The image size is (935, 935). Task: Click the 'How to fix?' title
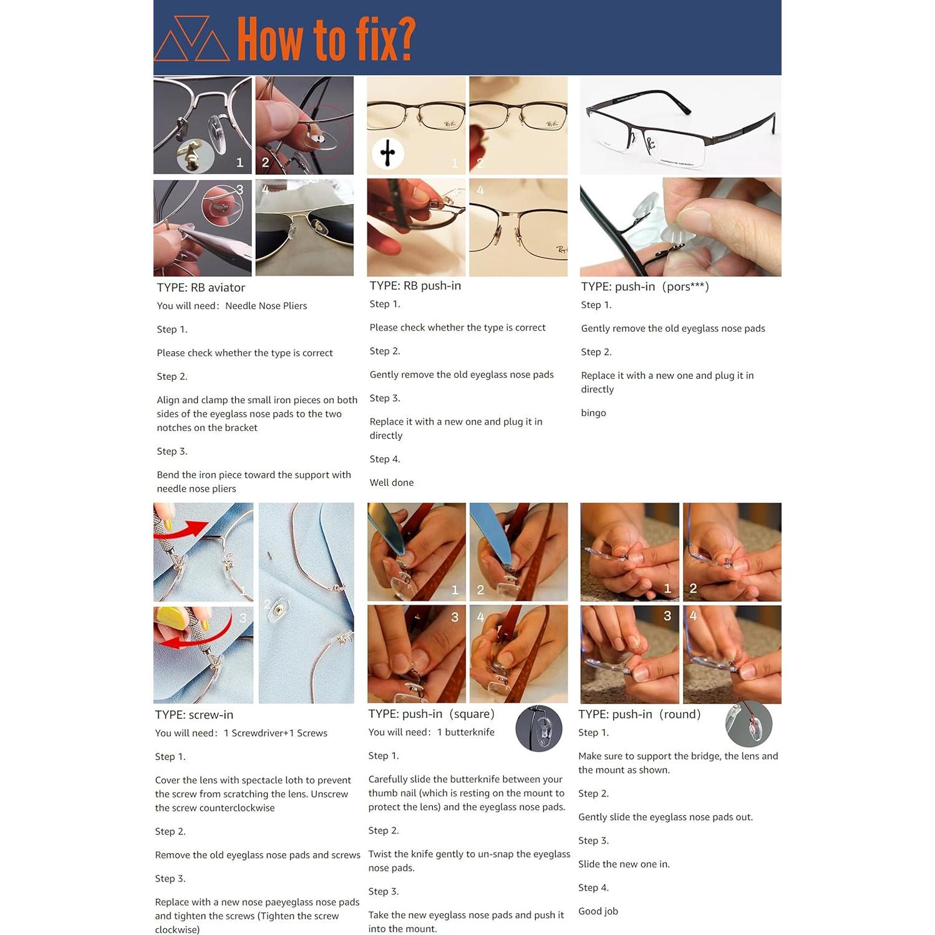[326, 39]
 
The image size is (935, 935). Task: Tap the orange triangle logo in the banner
[191, 39]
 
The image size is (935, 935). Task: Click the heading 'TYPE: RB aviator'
[200, 288]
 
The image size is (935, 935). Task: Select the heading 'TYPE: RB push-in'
[415, 286]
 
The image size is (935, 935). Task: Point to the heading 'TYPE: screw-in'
[194, 715]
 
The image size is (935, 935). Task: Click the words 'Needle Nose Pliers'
[266, 306]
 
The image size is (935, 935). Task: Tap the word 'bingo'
[593, 413]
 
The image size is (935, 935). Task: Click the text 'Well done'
[391, 483]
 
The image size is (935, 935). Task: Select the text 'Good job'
[598, 911]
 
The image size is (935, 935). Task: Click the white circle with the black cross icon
[387, 153]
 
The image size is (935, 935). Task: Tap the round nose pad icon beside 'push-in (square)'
[539, 729]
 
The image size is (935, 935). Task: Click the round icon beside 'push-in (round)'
[748, 724]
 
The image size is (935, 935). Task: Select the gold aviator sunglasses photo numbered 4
[304, 228]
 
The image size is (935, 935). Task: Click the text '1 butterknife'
[465, 732]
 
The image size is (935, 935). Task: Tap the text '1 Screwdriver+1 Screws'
[275, 733]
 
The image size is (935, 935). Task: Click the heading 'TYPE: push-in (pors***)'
[644, 286]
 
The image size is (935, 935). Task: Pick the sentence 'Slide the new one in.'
[623, 864]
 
